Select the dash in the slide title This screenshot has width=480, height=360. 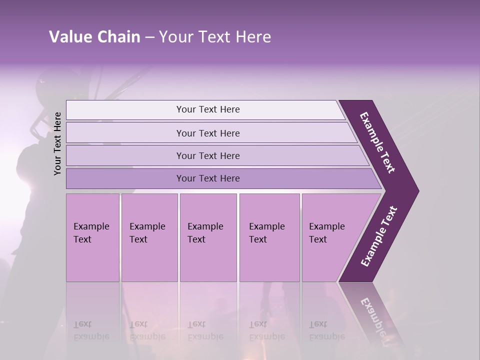click(149, 37)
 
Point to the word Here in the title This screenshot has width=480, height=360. click(253, 37)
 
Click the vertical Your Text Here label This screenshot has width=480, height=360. click(57, 143)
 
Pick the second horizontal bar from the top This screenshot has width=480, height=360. click(208, 133)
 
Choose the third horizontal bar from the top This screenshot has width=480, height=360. click(208, 155)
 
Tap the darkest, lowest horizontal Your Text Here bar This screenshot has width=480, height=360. click(208, 178)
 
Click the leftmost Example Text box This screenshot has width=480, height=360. click(92, 237)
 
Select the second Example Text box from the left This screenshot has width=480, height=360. click(149, 237)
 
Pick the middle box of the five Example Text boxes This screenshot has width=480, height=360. click(208, 237)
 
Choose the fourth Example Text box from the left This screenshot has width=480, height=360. click(269, 237)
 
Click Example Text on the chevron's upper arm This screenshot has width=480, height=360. click(377, 142)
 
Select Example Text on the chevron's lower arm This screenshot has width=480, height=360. click(378, 236)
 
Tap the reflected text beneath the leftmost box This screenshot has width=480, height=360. click(91, 330)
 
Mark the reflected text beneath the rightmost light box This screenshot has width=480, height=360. click(326, 330)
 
